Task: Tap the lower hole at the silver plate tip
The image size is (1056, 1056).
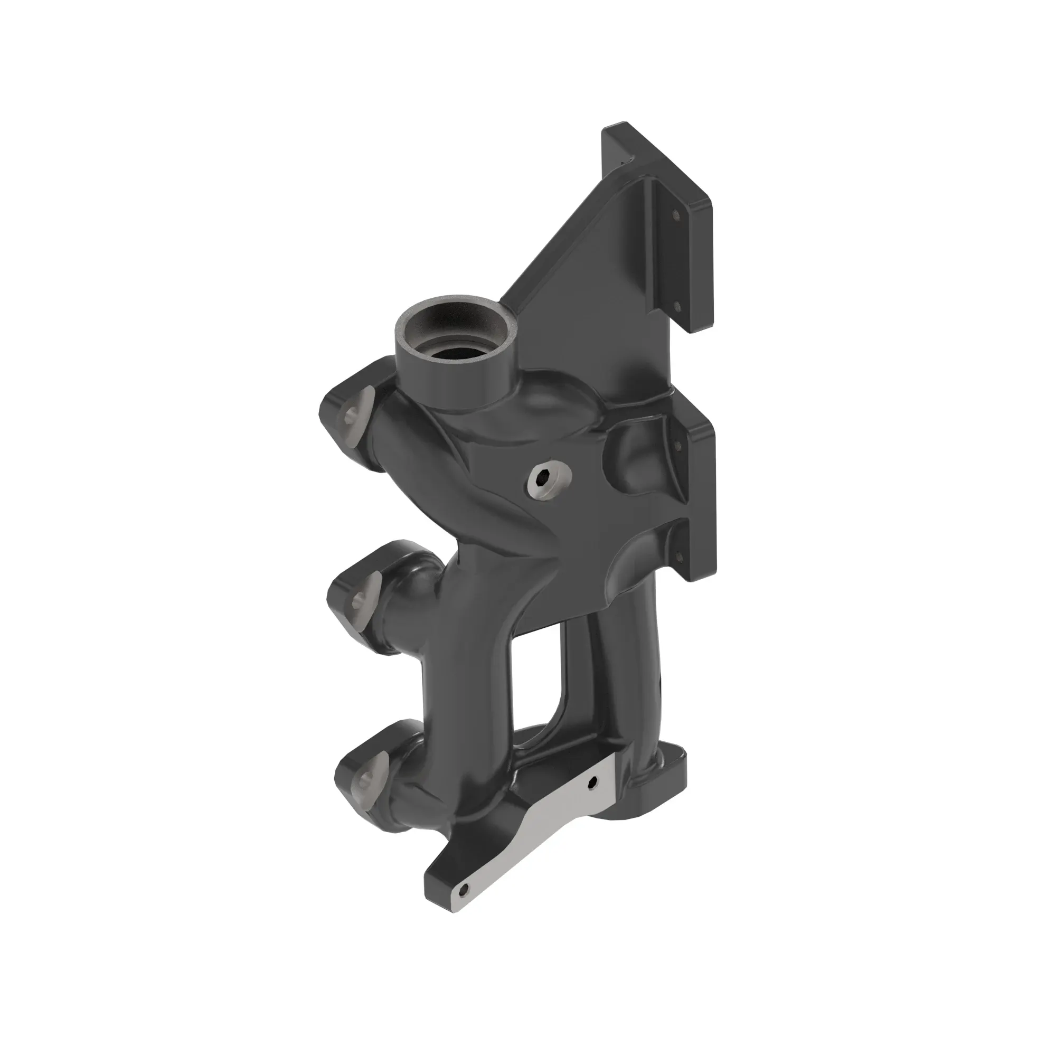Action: pos(464,889)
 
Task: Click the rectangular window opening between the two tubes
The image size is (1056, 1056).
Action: pos(541,678)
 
